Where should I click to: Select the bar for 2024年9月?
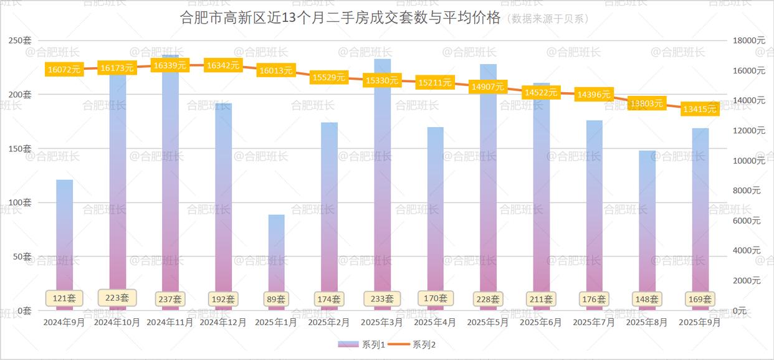tap(65, 237)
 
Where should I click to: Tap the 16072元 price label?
tap(64, 69)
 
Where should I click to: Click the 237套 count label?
tap(170, 299)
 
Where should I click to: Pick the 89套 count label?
tap(276, 299)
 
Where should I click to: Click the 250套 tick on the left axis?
tap(19, 40)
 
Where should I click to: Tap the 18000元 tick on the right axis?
tap(748, 40)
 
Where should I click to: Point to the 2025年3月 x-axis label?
tap(382, 323)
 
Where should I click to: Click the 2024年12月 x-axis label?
tap(223, 323)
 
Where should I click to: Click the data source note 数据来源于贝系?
tap(548, 19)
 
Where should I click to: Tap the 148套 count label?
tap(647, 299)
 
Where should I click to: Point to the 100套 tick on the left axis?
tap(19, 202)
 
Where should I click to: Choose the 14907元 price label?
tap(488, 87)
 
